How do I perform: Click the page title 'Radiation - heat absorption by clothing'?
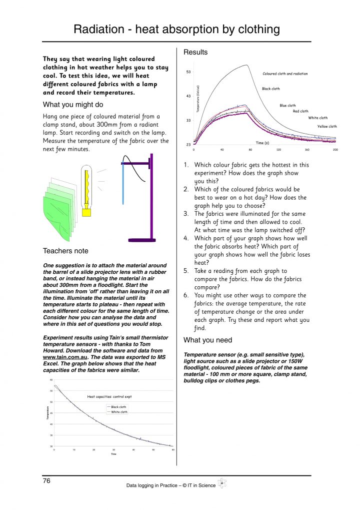point(176,29)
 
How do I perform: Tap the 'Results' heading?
point(195,52)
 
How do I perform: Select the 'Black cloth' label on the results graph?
point(270,89)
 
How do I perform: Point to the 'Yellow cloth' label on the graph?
point(327,127)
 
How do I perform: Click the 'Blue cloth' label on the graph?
point(287,106)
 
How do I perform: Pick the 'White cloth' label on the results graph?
point(317,118)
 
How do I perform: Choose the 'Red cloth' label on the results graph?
point(300,112)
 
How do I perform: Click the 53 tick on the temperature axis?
point(188,72)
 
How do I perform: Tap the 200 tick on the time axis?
point(335,150)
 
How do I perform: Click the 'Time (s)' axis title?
point(263,143)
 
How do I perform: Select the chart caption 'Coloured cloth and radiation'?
point(285,74)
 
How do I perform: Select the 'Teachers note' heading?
point(65,251)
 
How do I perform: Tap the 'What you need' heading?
point(207,340)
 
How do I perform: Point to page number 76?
point(46,481)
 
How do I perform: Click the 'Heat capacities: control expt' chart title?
point(108,396)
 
